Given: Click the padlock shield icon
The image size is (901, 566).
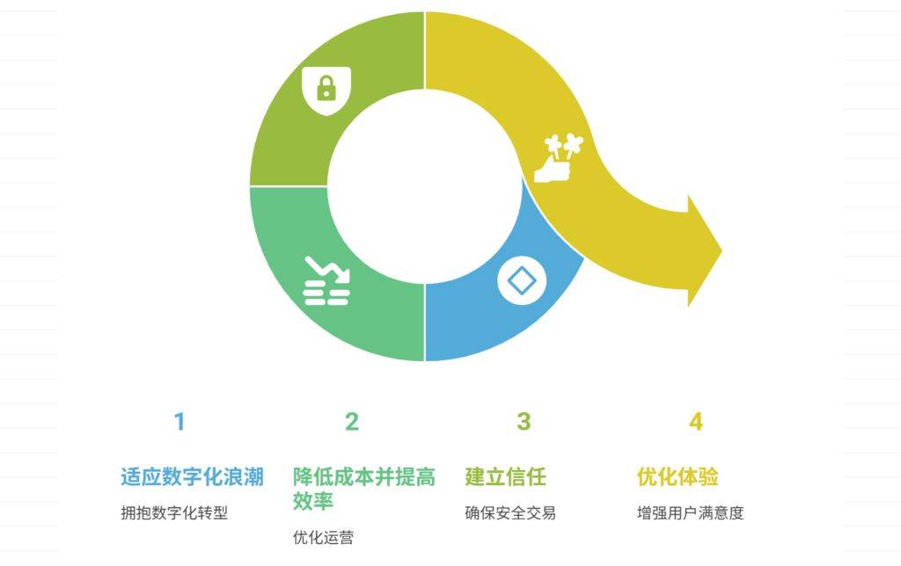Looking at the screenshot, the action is coord(326,91).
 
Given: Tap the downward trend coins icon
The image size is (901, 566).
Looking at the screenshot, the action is coord(326,280).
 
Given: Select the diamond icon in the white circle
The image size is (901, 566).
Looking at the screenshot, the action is coord(521,281).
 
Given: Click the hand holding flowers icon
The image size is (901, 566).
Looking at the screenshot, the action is coord(558,158).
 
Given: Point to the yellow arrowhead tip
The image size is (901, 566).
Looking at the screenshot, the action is coord(722,250).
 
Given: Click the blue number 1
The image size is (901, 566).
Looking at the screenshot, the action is coord(179,422).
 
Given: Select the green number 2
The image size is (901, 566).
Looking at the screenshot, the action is coord(352,422).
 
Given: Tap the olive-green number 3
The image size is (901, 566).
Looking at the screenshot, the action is coord(524,422).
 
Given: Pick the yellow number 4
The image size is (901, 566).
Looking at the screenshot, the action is coord(696,422).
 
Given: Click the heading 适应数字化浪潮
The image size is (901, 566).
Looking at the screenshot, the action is coord(193,477).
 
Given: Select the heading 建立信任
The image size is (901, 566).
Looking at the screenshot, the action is coord(506,477).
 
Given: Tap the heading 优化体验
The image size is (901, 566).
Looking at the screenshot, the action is coord(678,477).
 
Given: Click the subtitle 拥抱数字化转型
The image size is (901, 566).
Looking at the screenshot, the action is coord(174,512).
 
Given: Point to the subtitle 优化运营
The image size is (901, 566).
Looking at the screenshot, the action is coord(323,537).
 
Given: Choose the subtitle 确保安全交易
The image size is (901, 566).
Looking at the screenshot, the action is coord(510,512).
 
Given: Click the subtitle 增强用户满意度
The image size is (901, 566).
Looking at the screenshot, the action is coord(690,512).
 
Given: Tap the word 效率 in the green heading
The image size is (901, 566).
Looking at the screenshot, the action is coord(313,501).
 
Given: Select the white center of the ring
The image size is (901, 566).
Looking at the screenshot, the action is coord(425,186).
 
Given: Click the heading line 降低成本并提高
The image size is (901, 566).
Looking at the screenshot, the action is coord(364,477).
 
